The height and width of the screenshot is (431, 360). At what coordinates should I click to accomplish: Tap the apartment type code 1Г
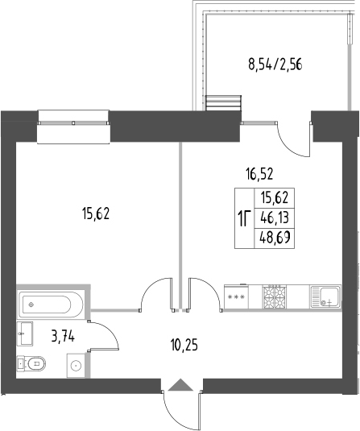tap(243, 218)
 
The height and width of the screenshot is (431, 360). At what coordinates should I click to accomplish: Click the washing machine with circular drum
tap(75, 366)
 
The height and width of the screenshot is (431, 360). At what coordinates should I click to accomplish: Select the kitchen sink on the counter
tap(328, 297)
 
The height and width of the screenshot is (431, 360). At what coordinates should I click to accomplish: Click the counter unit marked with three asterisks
tap(238, 297)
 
